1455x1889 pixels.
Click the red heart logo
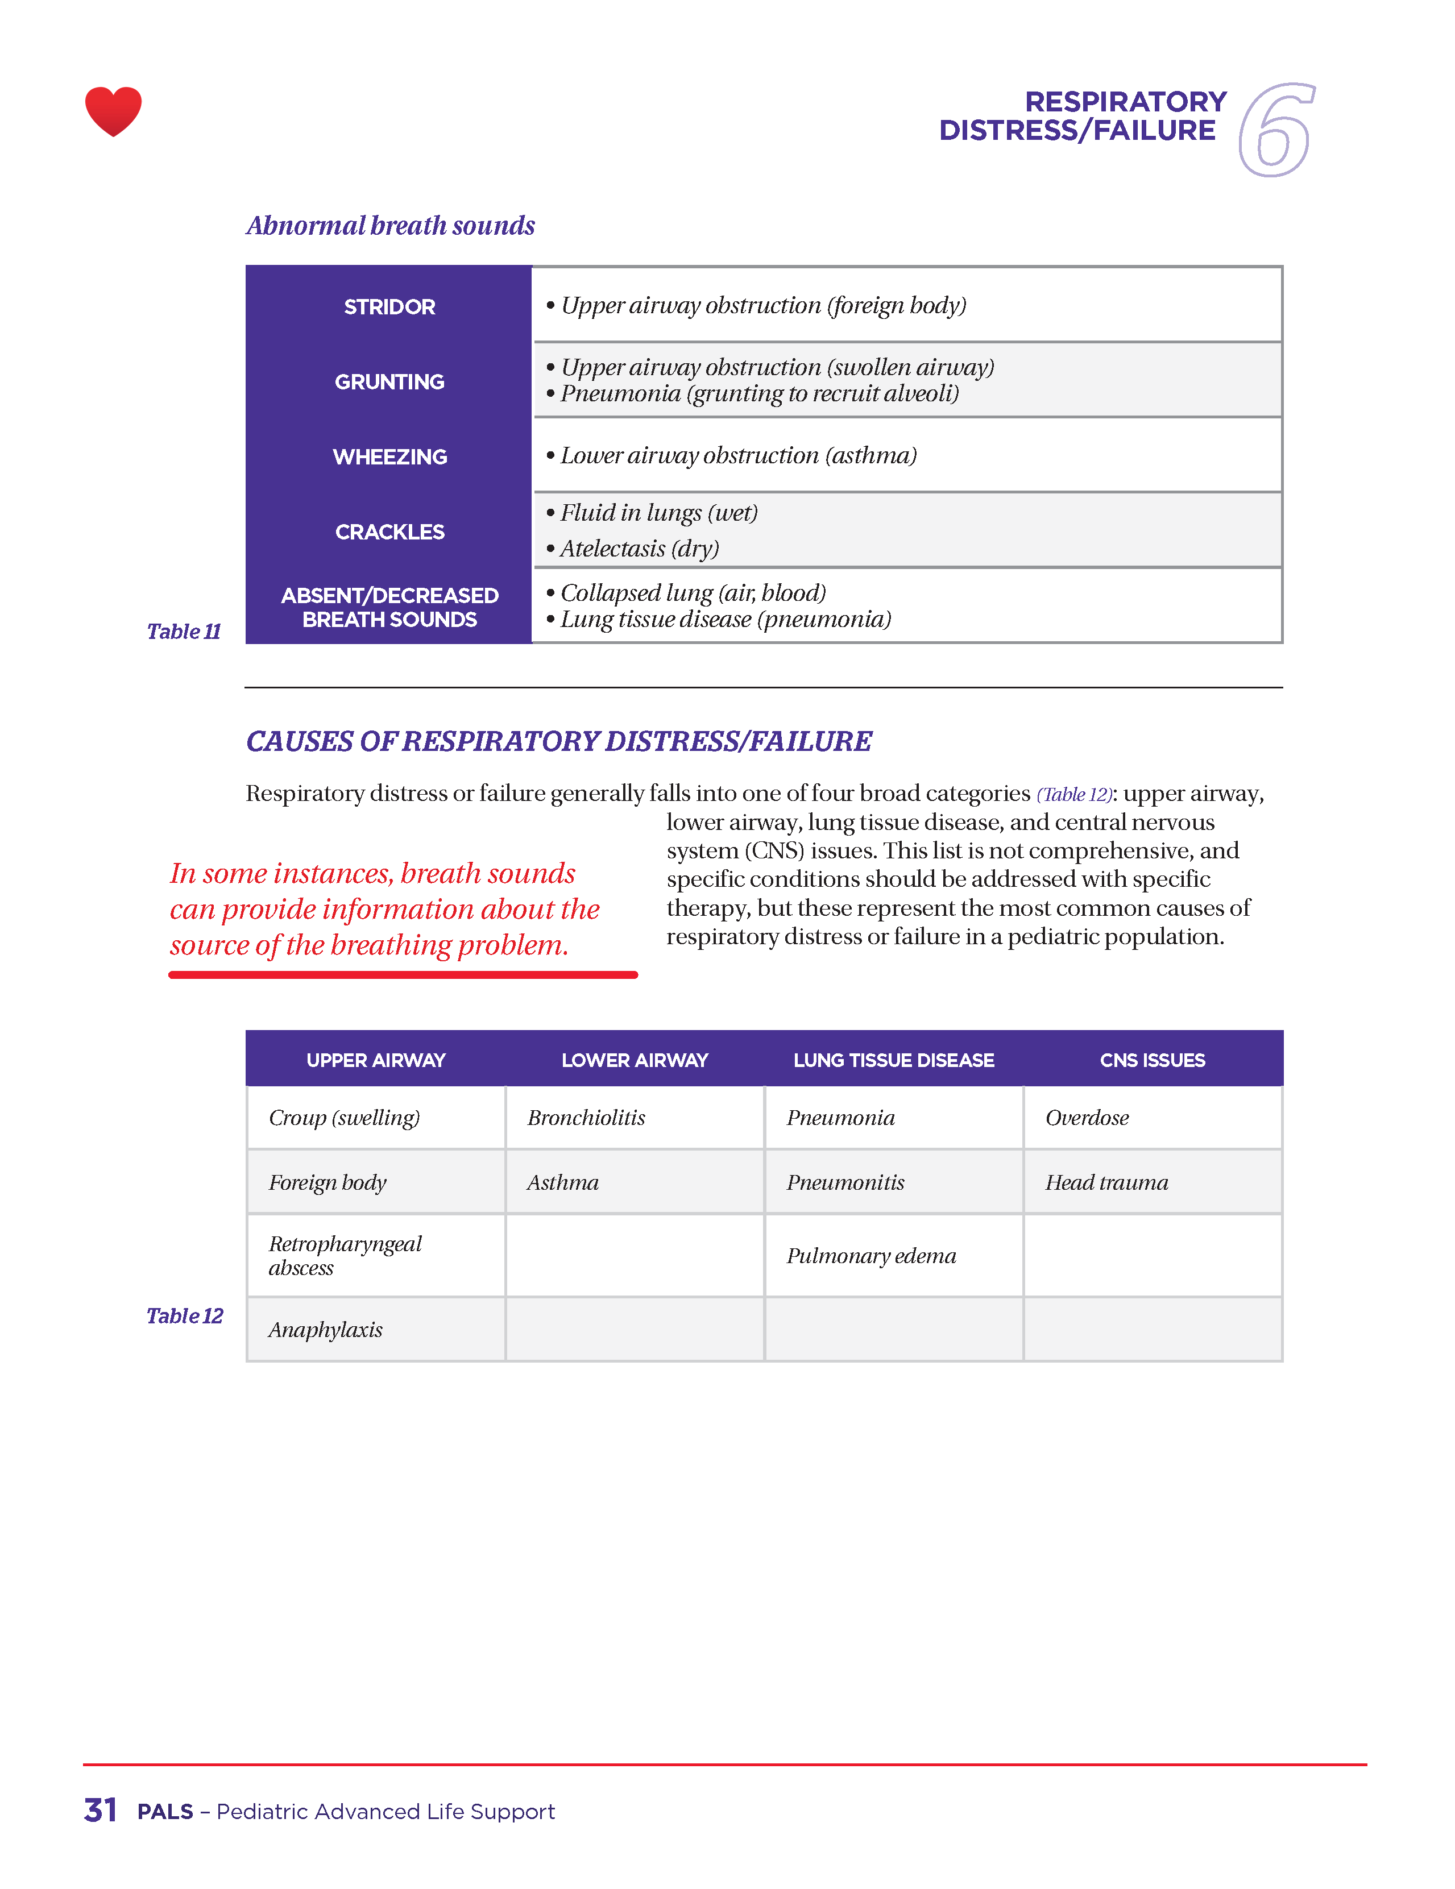[113, 111]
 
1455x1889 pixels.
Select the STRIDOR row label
[389, 307]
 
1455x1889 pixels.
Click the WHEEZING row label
[389, 456]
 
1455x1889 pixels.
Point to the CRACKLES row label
[389, 532]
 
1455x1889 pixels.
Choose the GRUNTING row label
[389, 381]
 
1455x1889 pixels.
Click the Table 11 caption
[184, 632]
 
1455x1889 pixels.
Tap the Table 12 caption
[184, 1315]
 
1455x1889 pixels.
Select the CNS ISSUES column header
[1153, 1060]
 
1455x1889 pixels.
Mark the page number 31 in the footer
[100, 1811]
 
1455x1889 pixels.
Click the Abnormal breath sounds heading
[390, 225]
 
